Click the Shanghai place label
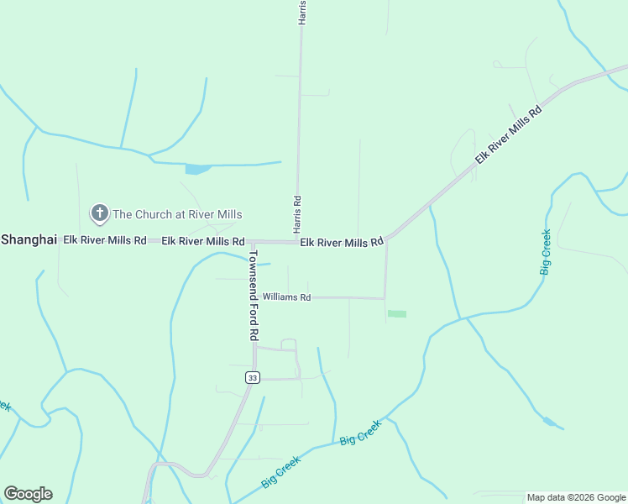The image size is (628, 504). pos(29,239)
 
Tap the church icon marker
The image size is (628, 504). pos(100,213)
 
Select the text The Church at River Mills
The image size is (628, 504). pos(177,214)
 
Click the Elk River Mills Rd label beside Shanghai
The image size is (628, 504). pos(105,240)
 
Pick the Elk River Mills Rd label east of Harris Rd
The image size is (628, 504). pos(342,242)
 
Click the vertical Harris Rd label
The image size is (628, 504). pos(297,215)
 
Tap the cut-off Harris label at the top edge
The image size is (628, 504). pos(302,12)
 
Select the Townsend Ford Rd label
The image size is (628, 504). pos(253,294)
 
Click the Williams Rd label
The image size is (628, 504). pos(286,297)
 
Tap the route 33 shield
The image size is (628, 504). pos(252,378)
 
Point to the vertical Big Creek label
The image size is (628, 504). pos(546,252)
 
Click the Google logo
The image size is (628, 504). pos(28,494)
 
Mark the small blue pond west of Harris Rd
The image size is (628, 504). pos(197,169)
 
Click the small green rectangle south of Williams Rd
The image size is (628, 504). pos(397,314)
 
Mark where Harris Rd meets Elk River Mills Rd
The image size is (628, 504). pos(298,242)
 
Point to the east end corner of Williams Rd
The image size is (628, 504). pos(385,298)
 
